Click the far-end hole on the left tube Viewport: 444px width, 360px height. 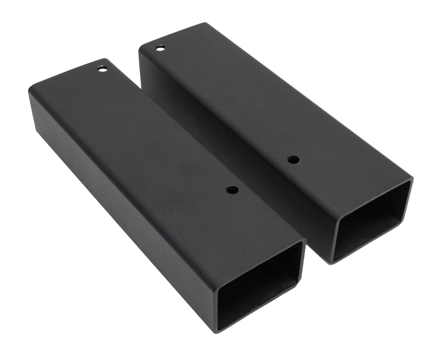pyautogui.click(x=102, y=68)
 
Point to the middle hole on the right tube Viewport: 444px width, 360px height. pyautogui.click(x=292, y=160)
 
